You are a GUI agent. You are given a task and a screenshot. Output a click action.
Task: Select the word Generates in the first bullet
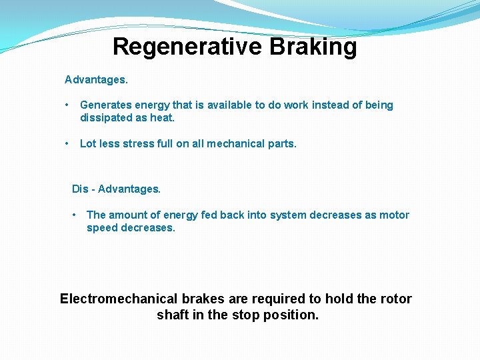click(105, 105)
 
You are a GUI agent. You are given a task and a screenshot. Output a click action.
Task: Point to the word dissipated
click(106, 118)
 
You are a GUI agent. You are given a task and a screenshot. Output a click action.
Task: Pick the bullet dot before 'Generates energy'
click(67, 105)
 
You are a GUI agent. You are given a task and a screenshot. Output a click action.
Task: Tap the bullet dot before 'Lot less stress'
click(67, 143)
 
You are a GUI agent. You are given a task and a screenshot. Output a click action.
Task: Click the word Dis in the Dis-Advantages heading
click(80, 189)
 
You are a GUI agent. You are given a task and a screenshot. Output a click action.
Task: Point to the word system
click(285, 215)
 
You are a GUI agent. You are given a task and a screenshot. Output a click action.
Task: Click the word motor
click(394, 215)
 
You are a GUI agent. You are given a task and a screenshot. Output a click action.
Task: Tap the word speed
click(102, 228)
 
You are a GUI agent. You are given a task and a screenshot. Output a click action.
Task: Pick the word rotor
click(396, 299)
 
